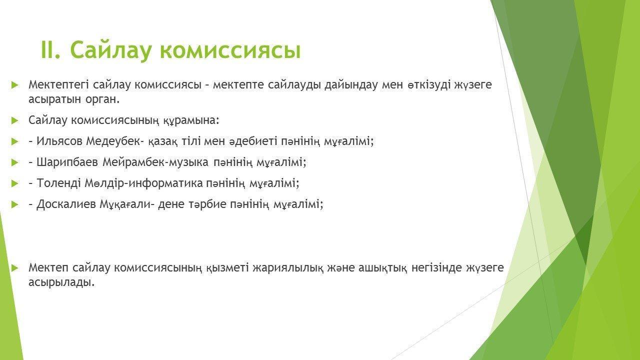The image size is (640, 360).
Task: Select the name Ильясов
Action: point(59,141)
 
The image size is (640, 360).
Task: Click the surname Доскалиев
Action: point(66,204)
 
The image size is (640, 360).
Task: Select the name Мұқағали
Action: point(127,204)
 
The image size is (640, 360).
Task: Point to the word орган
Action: point(102,100)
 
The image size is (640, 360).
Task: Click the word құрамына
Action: point(191,120)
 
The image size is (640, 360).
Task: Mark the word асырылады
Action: point(61,283)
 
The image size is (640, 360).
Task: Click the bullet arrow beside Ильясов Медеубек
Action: point(14,141)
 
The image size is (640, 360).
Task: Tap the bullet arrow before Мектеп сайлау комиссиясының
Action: point(14,268)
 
